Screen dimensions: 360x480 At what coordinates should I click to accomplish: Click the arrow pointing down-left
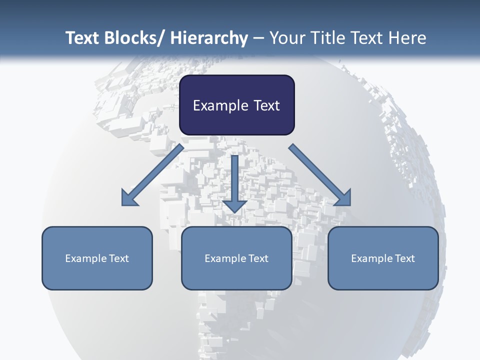[153, 175]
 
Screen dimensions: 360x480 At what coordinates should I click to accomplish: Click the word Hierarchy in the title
[209, 38]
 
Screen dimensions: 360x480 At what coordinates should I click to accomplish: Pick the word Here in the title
[406, 38]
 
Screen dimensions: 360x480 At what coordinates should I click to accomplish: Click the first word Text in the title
[83, 38]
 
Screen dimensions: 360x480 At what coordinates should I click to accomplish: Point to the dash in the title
[258, 38]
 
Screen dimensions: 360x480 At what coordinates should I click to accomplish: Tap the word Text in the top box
[265, 105]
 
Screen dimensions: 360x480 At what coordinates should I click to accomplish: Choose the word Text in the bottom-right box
[404, 258]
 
